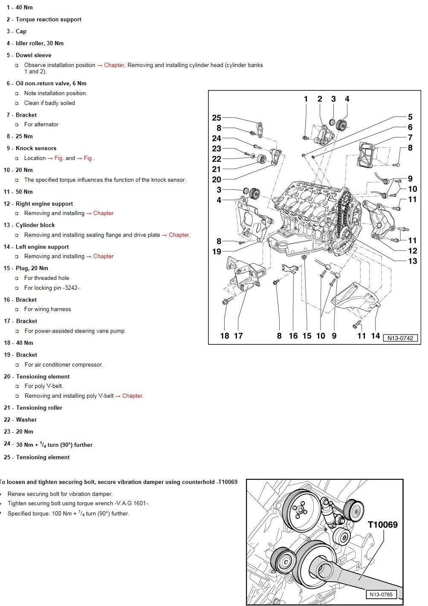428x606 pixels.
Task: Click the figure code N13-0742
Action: coord(400,338)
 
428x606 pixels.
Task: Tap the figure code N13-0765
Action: coord(381,594)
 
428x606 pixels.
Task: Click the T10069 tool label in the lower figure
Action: coord(383,524)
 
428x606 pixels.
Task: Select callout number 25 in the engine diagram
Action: coord(217,118)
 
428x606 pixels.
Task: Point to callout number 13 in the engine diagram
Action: coord(412,261)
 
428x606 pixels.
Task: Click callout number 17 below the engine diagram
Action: coord(238,336)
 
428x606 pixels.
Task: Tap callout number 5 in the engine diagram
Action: coord(410,117)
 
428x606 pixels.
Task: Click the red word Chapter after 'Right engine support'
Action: coord(103,213)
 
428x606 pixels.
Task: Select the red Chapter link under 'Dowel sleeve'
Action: coord(114,65)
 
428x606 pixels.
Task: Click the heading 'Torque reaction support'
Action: coord(48,20)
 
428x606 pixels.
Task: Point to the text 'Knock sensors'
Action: coord(36,148)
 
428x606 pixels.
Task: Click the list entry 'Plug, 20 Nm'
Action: coord(32,268)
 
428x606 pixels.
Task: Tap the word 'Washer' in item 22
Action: coord(26,420)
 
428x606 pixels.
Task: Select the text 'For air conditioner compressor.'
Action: coord(64,365)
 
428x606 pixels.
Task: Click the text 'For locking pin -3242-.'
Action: coord(52,288)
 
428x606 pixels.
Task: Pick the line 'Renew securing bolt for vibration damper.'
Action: coord(60,494)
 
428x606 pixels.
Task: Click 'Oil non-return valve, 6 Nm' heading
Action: coord(51,83)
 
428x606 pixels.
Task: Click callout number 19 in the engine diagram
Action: coord(217,252)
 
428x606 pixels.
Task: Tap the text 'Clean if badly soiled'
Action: coord(49,103)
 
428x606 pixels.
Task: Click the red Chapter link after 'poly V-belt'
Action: coord(132,396)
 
